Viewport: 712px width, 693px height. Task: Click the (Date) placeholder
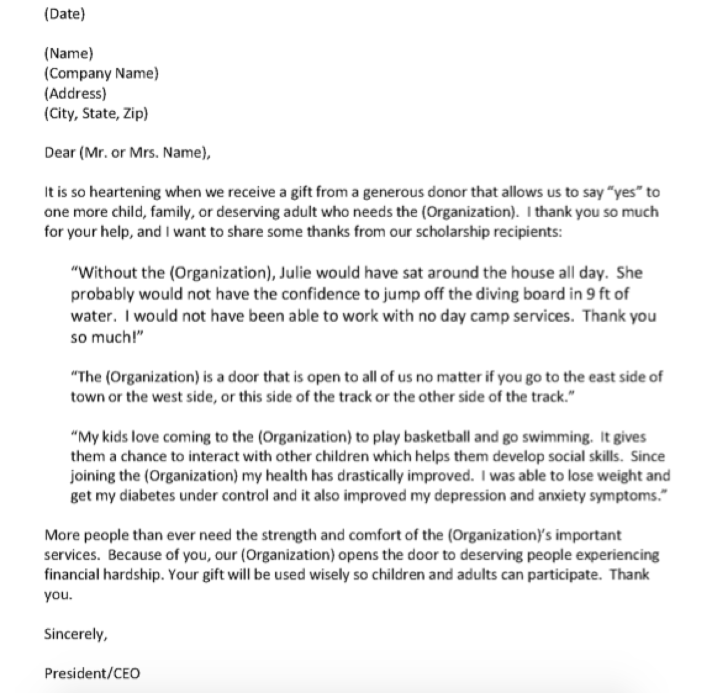[64, 14]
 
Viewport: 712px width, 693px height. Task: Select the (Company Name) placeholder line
[101, 73]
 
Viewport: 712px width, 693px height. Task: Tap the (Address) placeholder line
[75, 93]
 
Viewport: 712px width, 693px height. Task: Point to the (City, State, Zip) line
[96, 113]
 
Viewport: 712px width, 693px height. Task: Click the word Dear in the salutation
[59, 153]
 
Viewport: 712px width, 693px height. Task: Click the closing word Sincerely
[75, 633]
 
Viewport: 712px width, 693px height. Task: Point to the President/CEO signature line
[92, 673]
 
